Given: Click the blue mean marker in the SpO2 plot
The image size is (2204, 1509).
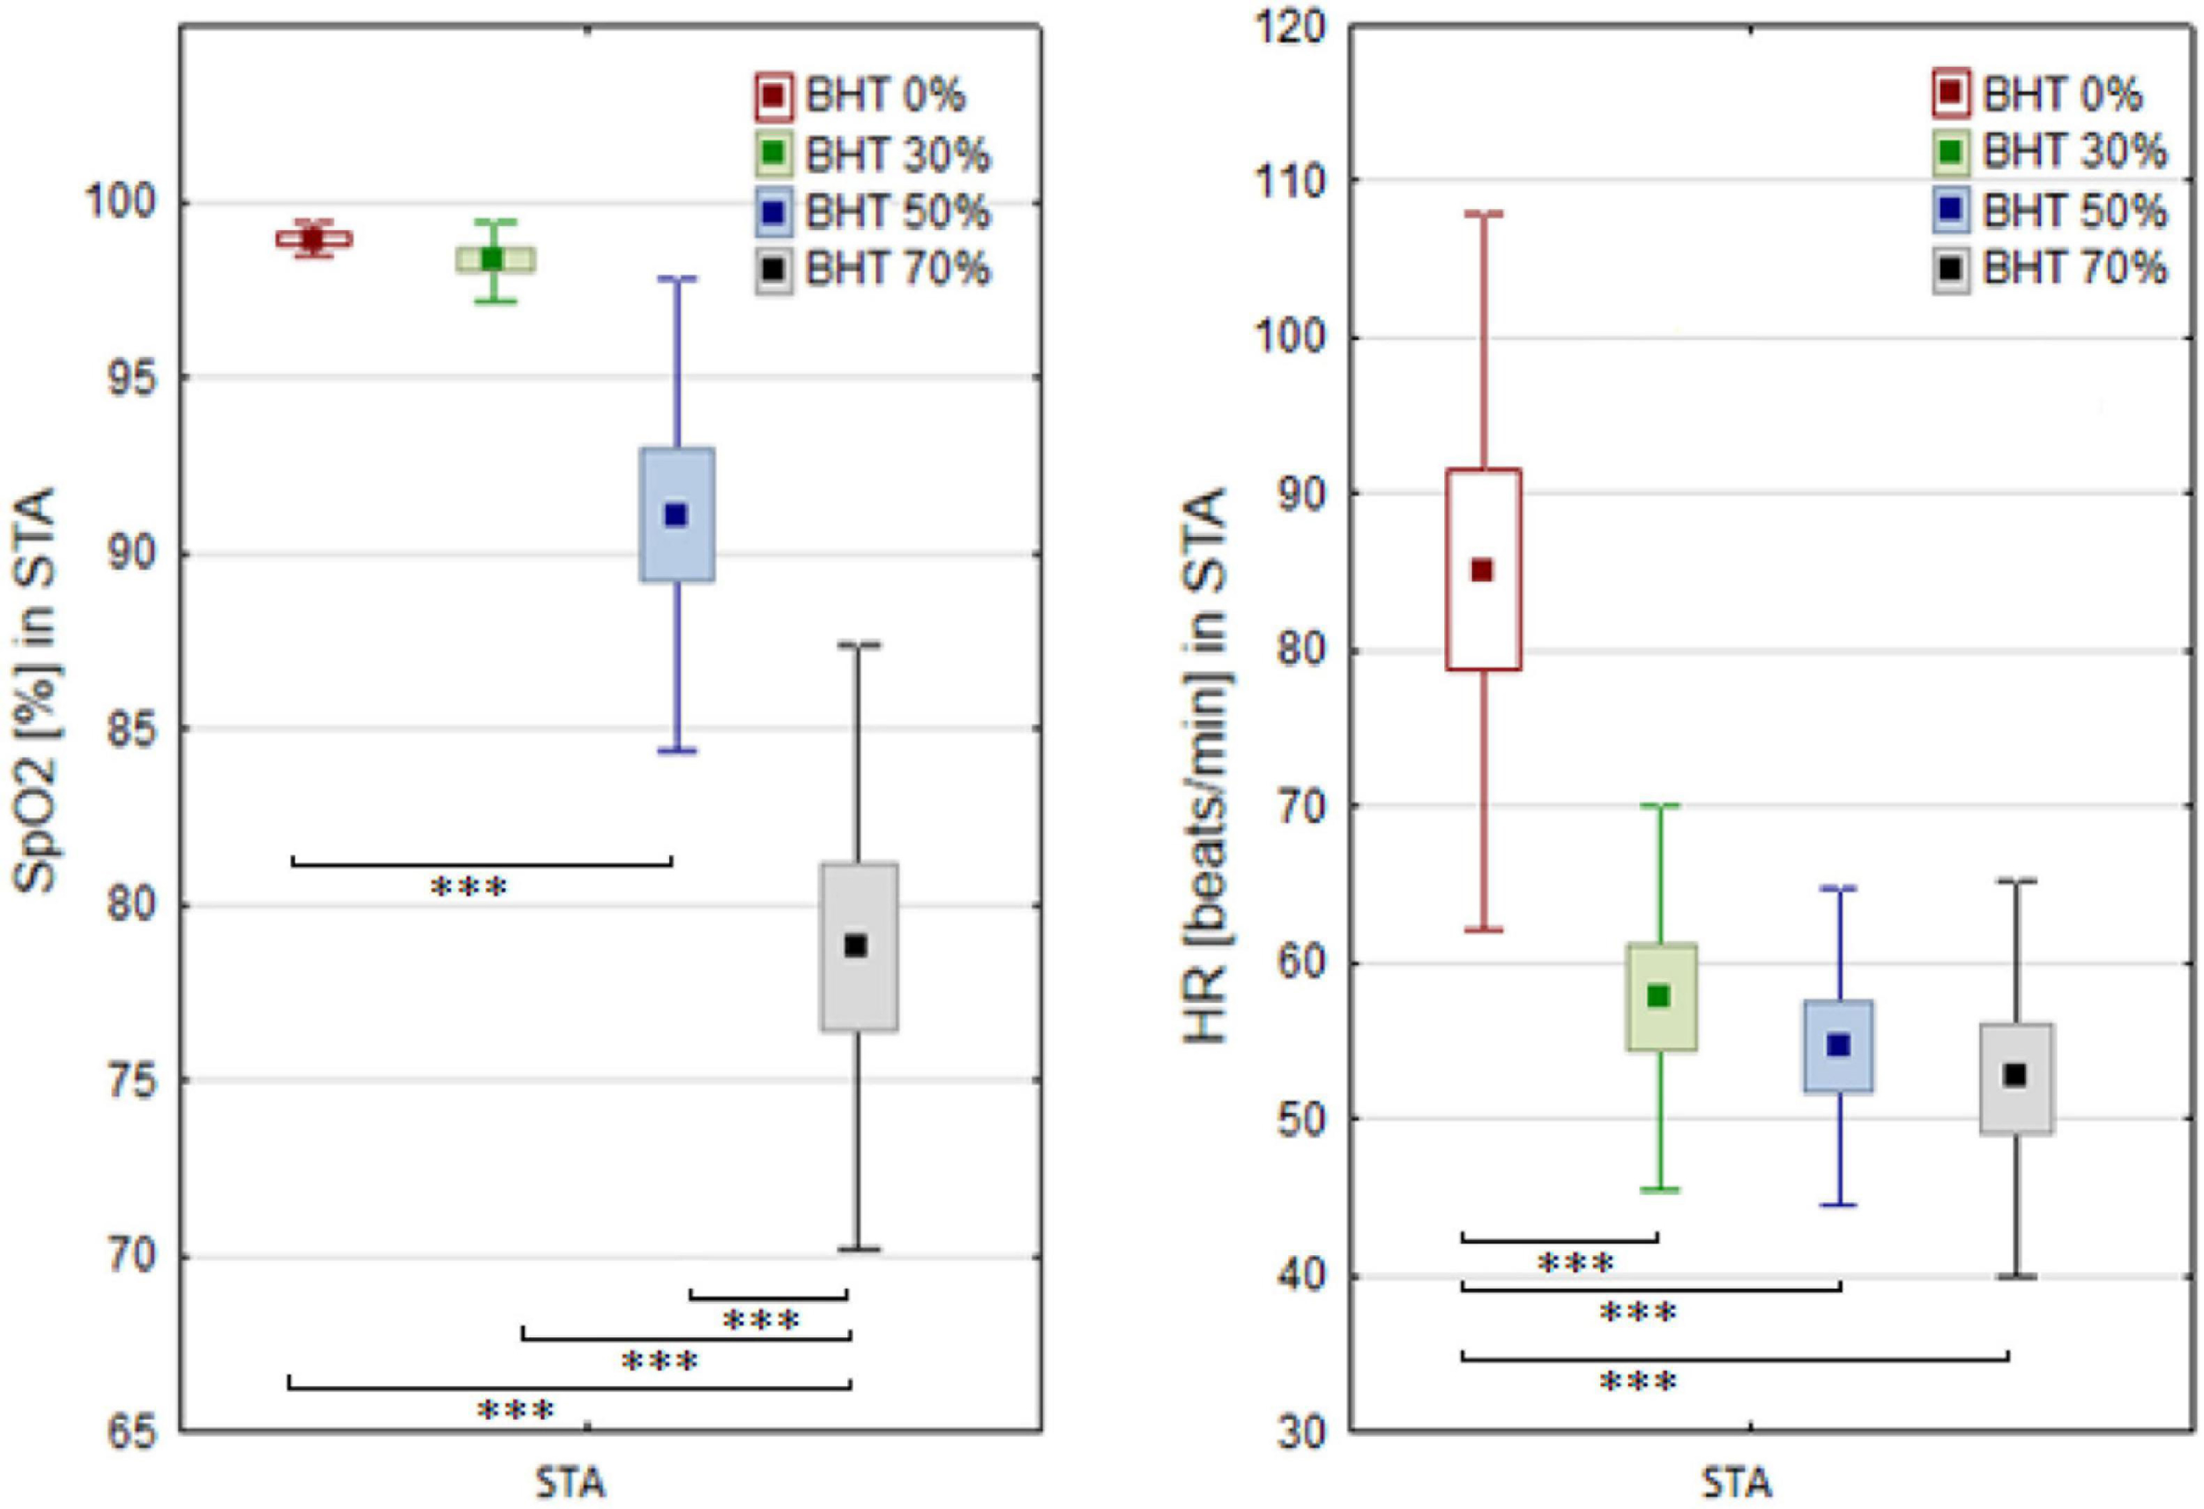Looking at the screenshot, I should [675, 515].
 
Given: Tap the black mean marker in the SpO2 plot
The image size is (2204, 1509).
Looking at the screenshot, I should [855, 945].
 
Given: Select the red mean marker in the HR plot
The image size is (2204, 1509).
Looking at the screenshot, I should [1481, 570].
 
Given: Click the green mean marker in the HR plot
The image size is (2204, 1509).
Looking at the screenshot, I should [1658, 996].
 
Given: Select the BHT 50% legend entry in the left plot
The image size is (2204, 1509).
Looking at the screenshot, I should [873, 211].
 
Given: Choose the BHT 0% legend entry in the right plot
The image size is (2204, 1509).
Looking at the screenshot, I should [2039, 93].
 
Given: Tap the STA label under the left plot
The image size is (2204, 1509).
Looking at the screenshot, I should [570, 1483].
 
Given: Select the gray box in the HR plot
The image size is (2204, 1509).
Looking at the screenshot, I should [2016, 1078].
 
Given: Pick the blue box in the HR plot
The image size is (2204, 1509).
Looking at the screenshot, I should [1838, 1046].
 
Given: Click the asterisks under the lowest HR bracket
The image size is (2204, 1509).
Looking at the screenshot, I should [1638, 1382].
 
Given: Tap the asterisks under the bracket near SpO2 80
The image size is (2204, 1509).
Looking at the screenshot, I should [469, 888].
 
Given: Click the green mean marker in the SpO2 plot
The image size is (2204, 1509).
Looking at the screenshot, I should [492, 258].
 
